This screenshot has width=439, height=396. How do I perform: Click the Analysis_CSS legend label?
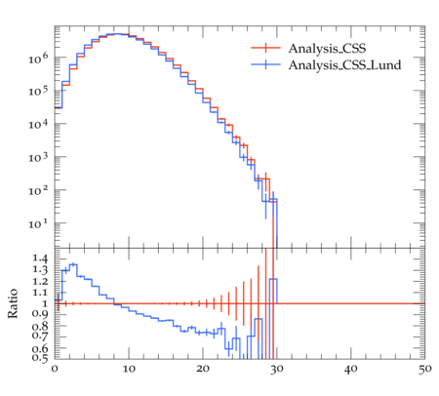tap(327, 49)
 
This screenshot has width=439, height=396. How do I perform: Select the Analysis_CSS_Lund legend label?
tap(344, 65)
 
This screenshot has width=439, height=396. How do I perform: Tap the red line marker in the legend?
tap(265, 48)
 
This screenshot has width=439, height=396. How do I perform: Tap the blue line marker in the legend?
tap(265, 64)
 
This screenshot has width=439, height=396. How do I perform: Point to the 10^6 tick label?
tap(38, 59)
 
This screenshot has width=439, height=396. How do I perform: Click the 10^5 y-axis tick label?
tap(38, 91)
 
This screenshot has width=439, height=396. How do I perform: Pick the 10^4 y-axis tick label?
tap(38, 124)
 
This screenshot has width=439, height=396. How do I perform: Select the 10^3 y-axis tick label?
tap(38, 157)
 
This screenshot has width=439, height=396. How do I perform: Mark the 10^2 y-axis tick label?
tap(38, 190)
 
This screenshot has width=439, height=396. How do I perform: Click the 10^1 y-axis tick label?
tap(38, 223)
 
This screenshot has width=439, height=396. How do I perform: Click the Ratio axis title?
tap(13, 303)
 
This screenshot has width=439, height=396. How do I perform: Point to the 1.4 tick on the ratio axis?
tap(40, 258)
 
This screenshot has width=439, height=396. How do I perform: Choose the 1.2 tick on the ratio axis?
tap(40, 281)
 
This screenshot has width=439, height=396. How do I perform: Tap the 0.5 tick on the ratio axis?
tap(40, 358)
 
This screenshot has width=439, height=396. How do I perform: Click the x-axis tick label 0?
tap(55, 369)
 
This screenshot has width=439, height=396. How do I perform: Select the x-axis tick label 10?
tap(129, 369)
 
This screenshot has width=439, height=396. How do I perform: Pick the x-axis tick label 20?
tap(203, 369)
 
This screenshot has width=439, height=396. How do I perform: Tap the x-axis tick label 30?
tap(277, 369)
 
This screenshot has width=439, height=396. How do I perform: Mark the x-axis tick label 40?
tap(351, 369)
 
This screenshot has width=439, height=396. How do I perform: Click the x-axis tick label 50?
tap(425, 369)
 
